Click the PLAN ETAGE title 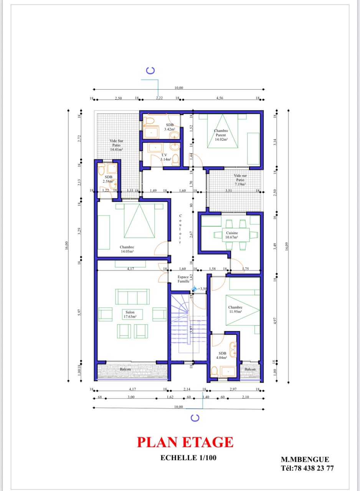coord(185,442)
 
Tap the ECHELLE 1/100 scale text coord(185,457)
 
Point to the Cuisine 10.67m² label coord(232,235)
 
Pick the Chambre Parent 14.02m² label coord(221,135)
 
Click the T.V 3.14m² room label coord(164,157)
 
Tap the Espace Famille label coord(183,279)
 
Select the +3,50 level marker coord(200,289)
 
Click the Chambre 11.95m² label coord(235,310)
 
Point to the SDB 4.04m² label coord(223,355)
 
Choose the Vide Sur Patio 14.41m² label coord(116,145)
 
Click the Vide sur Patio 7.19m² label coord(240,180)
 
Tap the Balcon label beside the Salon coord(125,369)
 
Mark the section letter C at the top coord(151,70)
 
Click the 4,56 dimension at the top coord(220,98)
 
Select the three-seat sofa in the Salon coord(132,297)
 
